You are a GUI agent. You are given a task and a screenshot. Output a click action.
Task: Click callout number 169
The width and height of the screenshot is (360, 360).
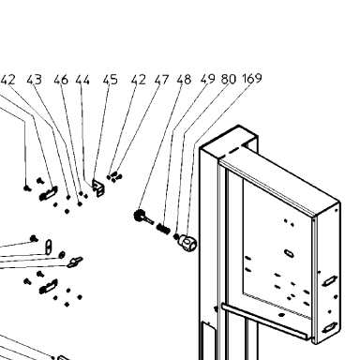252,78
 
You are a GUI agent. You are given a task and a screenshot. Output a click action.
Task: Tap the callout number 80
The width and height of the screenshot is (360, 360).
229,79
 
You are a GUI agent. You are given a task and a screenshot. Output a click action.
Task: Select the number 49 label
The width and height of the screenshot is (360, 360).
208,79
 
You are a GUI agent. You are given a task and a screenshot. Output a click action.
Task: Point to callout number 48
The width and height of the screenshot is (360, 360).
184,80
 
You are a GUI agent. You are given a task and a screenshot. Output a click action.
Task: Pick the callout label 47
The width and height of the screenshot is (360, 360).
161,80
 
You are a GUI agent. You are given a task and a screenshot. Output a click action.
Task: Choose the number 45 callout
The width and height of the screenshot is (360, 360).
111,80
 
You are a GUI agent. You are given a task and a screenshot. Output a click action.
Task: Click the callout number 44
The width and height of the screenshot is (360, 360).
82,80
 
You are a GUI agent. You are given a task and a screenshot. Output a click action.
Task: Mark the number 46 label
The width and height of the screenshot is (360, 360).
61,80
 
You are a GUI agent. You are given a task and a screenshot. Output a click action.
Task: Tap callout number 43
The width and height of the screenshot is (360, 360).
34,80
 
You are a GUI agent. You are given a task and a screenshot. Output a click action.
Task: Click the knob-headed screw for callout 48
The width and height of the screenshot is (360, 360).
142,217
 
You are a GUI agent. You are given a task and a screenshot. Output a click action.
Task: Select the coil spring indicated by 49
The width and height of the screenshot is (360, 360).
163,228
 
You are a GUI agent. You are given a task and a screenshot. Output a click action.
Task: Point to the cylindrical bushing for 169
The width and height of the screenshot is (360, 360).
187,242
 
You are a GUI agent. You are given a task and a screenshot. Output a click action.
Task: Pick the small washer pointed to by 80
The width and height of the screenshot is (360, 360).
176,236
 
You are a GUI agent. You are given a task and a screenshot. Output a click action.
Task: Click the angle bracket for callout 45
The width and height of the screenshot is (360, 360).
98,187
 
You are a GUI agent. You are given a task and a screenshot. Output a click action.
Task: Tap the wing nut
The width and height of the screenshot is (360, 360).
75,262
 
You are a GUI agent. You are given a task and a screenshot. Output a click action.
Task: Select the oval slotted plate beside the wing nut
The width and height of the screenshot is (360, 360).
49,247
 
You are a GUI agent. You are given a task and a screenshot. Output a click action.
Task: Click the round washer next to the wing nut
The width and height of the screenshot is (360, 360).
62,255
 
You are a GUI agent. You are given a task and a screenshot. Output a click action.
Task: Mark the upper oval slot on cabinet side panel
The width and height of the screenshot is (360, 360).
330,280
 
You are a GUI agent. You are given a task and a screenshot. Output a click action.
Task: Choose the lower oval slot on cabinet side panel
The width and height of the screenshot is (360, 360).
330,327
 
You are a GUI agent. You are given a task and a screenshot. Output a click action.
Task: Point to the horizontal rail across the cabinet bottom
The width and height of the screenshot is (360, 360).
264,322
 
